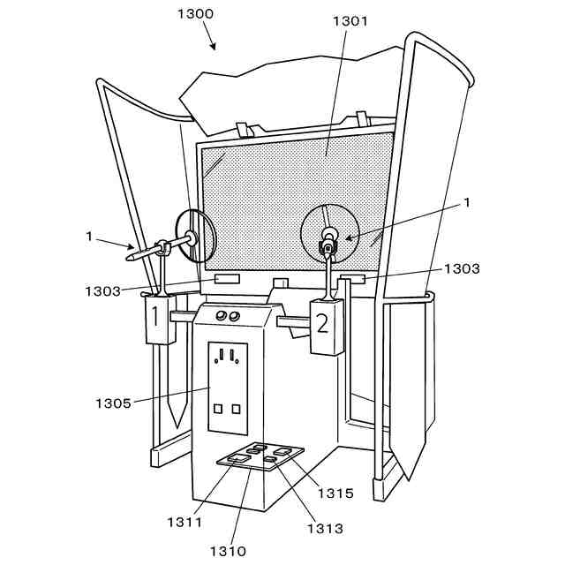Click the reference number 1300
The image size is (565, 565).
point(195,14)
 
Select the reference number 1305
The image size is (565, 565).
point(113,403)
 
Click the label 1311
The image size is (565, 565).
point(185,522)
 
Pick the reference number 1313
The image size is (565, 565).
point(325,528)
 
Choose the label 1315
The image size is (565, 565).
point(335,493)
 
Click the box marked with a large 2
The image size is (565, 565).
point(322,325)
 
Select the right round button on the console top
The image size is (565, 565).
point(236,316)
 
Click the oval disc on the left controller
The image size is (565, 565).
point(196,236)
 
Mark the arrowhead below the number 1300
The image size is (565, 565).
point(213,46)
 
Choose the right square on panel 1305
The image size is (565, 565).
point(236,409)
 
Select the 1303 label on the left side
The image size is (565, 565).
point(103,290)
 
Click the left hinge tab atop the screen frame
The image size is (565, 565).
point(244,129)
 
